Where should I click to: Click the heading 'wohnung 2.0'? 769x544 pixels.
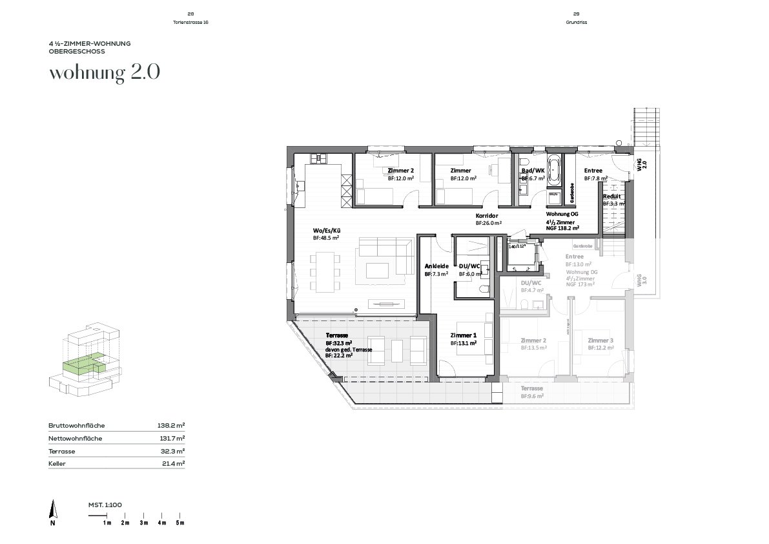point(104,72)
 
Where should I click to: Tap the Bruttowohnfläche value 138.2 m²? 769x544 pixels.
point(170,426)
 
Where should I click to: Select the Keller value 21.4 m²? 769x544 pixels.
point(172,463)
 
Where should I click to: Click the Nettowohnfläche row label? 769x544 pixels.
point(75,439)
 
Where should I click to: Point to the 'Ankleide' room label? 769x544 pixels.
point(436,266)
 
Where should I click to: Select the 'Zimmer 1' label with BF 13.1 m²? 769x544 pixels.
point(463,335)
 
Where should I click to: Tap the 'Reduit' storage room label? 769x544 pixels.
point(612,196)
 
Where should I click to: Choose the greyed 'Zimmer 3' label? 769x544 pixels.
point(600,340)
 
